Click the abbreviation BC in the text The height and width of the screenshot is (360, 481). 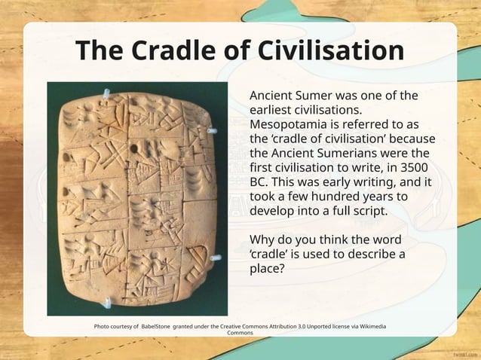point(259,182)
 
